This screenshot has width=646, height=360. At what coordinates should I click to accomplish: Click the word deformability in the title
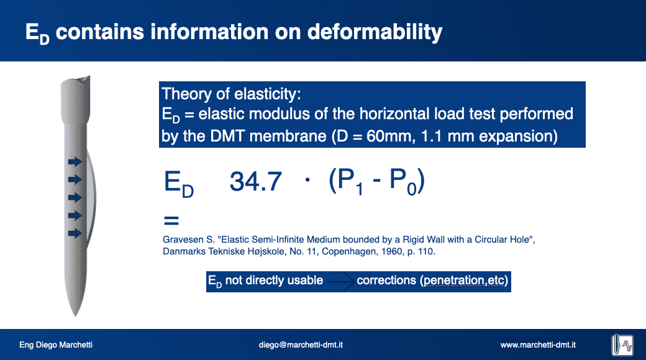click(375, 32)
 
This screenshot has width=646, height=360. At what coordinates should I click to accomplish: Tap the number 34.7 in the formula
click(255, 181)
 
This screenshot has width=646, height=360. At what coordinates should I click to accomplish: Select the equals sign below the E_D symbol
click(171, 221)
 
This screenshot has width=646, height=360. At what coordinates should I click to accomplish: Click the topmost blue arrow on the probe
click(75, 162)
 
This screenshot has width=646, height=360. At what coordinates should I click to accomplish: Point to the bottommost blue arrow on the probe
click(75, 233)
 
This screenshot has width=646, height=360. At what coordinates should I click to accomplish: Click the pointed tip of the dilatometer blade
click(75, 315)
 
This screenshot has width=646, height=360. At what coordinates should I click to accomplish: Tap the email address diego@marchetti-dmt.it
click(301, 344)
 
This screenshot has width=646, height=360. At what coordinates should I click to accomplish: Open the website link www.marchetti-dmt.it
click(538, 344)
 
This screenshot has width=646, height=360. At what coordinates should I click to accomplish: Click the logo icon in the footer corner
click(622, 344)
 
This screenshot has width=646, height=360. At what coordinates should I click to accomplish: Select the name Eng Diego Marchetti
click(56, 344)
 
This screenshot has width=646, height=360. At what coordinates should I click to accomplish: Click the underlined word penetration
click(454, 281)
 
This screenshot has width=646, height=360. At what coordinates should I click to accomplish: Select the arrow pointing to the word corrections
click(340, 282)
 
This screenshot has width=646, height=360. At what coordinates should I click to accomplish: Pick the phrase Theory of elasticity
click(231, 94)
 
